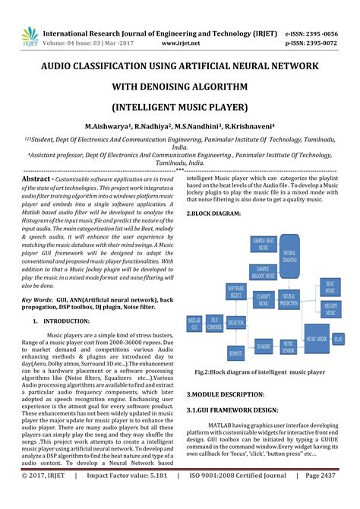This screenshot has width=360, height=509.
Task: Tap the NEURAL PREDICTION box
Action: point(289,301)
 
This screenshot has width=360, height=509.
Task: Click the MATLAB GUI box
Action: point(193,325)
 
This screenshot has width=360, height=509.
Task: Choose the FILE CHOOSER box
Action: point(215,324)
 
